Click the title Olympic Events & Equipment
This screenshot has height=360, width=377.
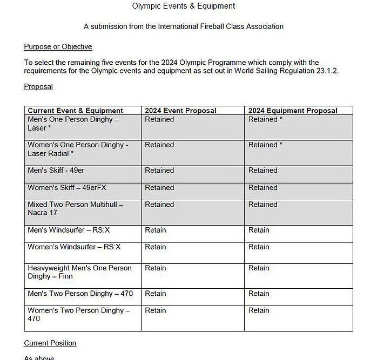pyautogui.click(x=183, y=6)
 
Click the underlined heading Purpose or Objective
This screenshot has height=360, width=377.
pyautogui.click(x=58, y=47)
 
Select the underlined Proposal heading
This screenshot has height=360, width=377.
pyautogui.click(x=38, y=86)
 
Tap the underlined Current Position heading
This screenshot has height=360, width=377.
pyautogui.click(x=50, y=343)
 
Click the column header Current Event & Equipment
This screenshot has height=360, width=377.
pyautogui.click(x=75, y=111)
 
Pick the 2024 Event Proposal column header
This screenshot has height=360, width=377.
pyautogui.click(x=180, y=111)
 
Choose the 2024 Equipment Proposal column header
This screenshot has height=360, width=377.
pyautogui.click(x=293, y=111)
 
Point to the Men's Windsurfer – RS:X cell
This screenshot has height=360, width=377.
pyautogui.click(x=69, y=230)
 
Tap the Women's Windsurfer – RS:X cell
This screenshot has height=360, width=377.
pyautogui.click(x=74, y=247)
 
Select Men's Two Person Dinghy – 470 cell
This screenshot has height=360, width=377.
pyautogui.click(x=80, y=294)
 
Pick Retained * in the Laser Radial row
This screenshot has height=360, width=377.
pyautogui.click(x=265, y=145)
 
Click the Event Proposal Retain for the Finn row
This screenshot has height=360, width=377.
pyautogui.click(x=156, y=268)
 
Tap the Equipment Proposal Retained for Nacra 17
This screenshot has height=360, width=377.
pyautogui.click(x=263, y=205)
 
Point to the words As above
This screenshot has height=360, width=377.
pyautogui.click(x=39, y=357)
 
